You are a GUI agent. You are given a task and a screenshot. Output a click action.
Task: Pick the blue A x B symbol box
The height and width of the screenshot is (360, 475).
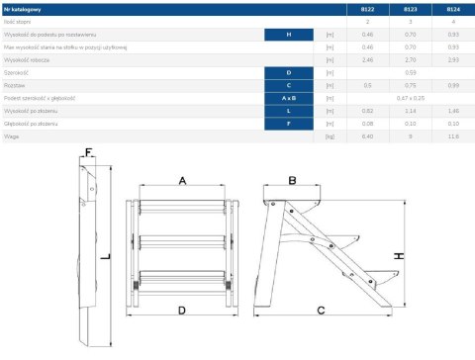pyautogui.click(x=289, y=98)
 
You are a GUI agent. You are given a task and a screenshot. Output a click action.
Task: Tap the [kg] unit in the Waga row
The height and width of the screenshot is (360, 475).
pyautogui.click(x=331, y=135)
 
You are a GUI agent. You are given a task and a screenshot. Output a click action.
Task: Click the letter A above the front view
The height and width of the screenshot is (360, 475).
pyautogui.click(x=183, y=181)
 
